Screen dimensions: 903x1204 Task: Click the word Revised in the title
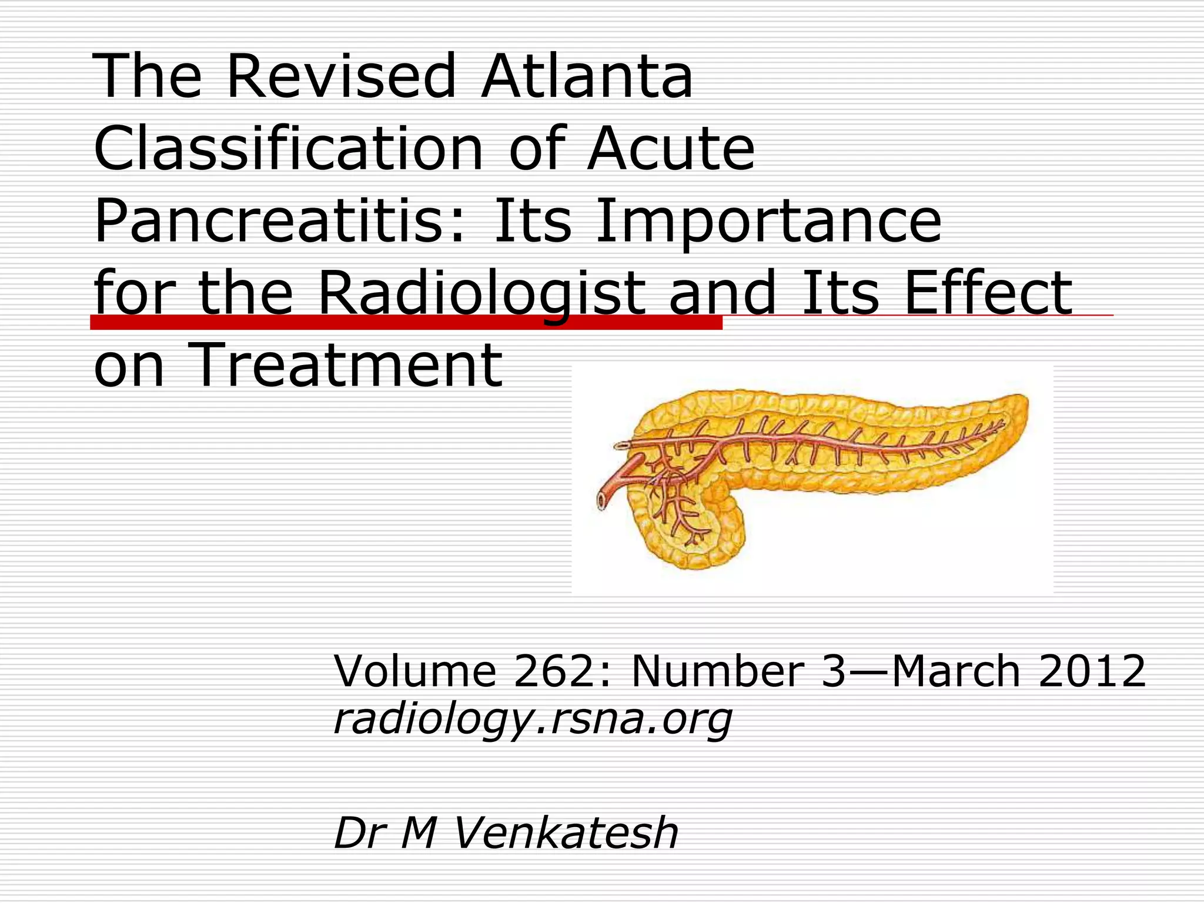341,76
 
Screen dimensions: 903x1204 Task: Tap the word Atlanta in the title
587,76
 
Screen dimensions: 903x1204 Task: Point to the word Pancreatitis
280,222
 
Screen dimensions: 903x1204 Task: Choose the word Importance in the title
768,222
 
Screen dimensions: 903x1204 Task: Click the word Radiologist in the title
481,293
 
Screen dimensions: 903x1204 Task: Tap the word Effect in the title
988,293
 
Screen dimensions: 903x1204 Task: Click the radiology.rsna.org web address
533,719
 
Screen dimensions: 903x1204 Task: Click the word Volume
415,671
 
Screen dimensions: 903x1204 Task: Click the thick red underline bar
406,322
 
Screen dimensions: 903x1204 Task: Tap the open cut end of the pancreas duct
603,500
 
